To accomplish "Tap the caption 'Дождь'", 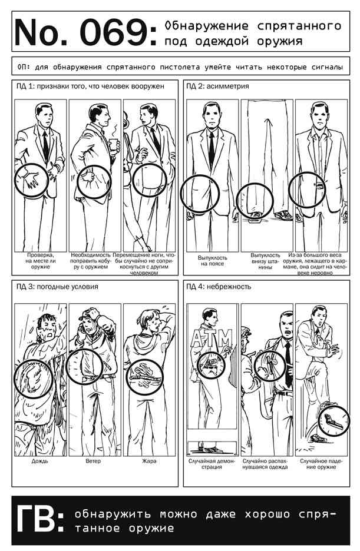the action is point(40,461).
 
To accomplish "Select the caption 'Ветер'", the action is point(93,461).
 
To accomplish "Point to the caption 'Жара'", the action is point(149,461).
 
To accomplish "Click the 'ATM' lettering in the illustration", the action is point(212,338).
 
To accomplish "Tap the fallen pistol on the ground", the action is point(332,420).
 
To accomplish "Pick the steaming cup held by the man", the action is point(113,144).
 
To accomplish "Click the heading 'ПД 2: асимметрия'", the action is point(217,86).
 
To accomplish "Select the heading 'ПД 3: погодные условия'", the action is point(57,287).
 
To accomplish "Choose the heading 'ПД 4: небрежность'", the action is point(219,287).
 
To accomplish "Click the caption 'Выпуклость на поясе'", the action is point(212,260).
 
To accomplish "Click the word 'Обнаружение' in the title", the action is point(206,26).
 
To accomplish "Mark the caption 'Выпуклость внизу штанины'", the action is point(265,261).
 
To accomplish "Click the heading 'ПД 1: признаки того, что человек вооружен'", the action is point(90,86).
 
